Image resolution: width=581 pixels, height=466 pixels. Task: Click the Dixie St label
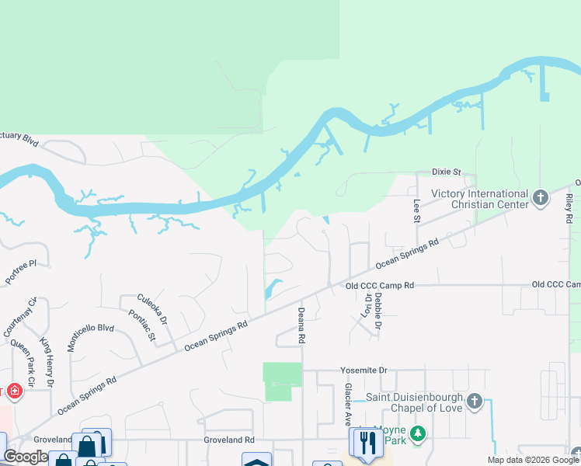pos(447,172)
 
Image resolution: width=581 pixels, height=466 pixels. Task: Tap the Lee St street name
pos(416,210)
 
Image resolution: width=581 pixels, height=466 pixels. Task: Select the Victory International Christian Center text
pos(479,199)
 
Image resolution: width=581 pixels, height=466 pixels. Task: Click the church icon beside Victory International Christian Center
pos(541,199)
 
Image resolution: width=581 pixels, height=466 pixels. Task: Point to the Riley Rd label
pos(569,209)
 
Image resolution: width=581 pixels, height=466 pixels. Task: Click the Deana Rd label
pos(301,325)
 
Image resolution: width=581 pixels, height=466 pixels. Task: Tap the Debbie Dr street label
pos(377,311)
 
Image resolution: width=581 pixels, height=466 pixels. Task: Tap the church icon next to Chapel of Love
pos(475,402)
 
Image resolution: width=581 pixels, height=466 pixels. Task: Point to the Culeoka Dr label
pos(152,309)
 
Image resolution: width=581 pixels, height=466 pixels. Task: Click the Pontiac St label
pos(143,326)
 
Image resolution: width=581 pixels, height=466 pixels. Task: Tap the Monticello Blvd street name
pos(91,339)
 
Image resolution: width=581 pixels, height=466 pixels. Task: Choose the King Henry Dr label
pos(47,363)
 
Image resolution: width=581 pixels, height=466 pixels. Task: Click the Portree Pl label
pos(21,272)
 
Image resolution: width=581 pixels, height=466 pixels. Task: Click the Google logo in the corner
pos(26,457)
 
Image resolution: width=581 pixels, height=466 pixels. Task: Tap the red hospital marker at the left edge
pos(12,391)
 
